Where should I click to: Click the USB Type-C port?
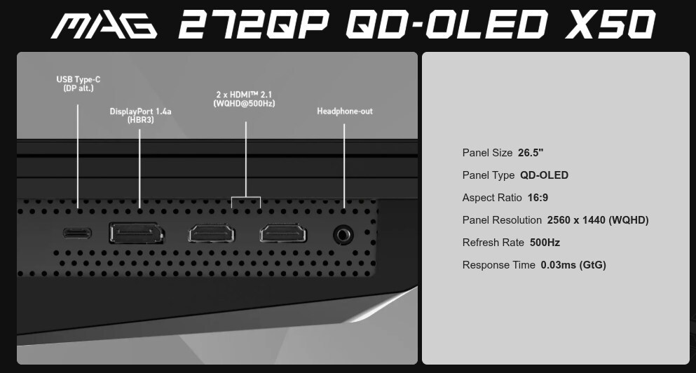(x=77, y=233)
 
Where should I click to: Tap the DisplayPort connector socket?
(x=137, y=233)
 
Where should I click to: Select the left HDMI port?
(x=212, y=233)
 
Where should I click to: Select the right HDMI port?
(x=283, y=233)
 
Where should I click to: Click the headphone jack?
(x=343, y=234)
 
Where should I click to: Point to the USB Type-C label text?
(x=78, y=83)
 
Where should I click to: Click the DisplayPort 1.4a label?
(x=140, y=115)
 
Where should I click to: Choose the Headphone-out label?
(x=345, y=111)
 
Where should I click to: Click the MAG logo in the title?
(x=104, y=25)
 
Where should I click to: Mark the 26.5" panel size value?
(x=531, y=153)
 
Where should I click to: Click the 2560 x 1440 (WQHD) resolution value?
(x=598, y=220)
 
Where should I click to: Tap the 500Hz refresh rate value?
(x=545, y=243)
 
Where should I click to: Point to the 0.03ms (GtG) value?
(x=573, y=265)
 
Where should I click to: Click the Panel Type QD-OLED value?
(x=544, y=175)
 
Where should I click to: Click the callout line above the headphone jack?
(x=344, y=165)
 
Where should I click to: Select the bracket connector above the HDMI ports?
(x=246, y=197)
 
